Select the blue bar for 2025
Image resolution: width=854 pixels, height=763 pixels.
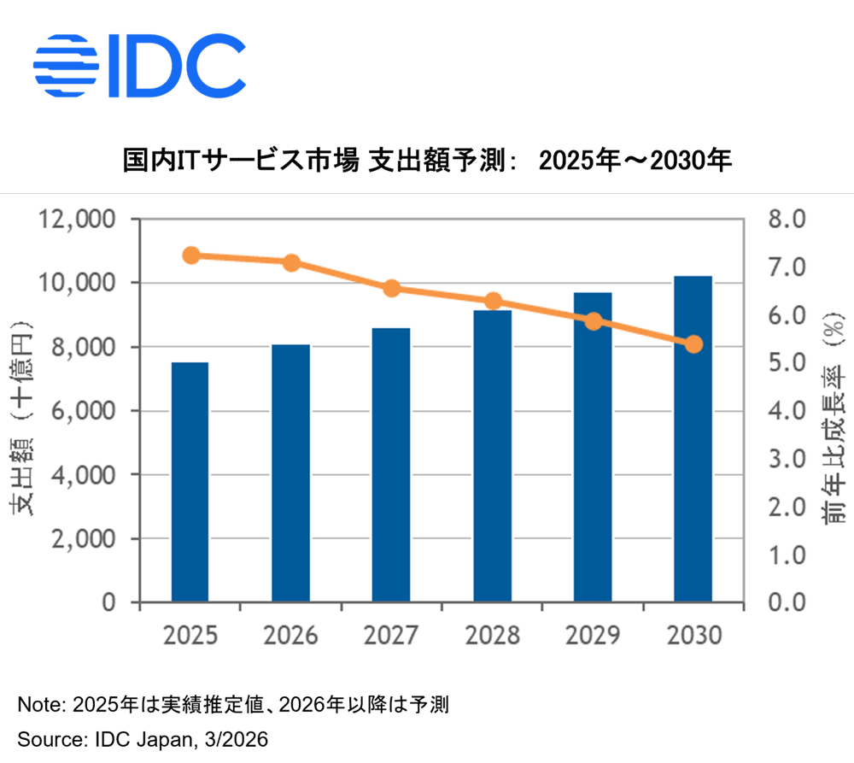(x=190, y=482)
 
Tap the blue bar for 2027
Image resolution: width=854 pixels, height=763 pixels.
(x=391, y=465)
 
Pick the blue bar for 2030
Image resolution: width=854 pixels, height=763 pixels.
(x=693, y=439)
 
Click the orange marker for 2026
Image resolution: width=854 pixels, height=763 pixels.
(x=291, y=262)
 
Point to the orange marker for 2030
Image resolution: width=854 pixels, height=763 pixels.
(x=693, y=344)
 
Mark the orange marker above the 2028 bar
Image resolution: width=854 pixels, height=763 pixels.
(x=493, y=301)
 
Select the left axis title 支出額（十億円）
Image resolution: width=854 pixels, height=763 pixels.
(x=22, y=418)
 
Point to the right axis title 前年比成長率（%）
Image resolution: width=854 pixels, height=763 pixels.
(x=832, y=418)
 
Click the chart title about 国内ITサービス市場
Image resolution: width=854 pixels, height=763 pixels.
(x=427, y=160)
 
